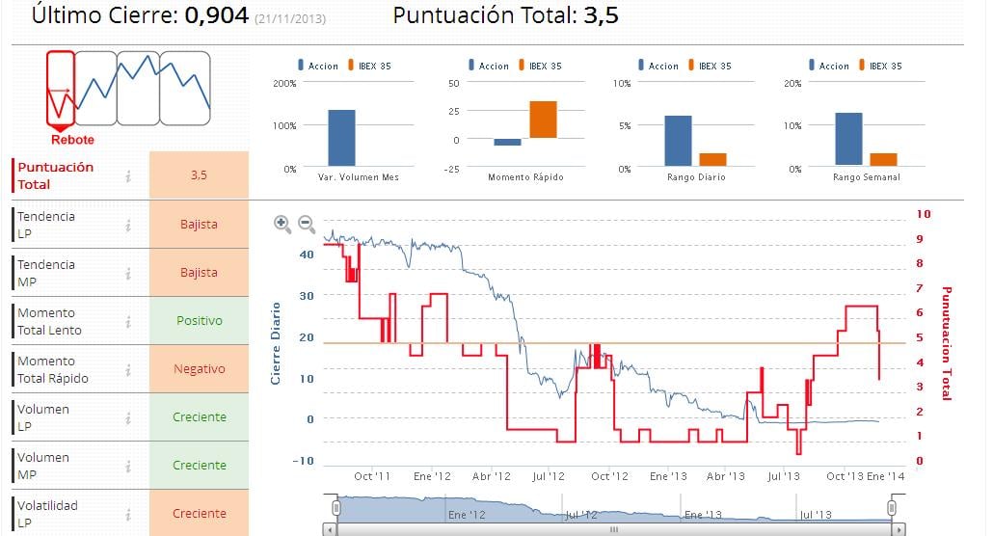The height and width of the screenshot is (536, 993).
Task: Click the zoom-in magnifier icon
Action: (x=282, y=224)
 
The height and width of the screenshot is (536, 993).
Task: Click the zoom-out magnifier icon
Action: (x=307, y=224)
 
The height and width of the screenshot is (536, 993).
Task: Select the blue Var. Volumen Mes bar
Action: (x=341, y=139)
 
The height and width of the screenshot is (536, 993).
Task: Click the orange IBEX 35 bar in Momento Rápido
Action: (x=543, y=120)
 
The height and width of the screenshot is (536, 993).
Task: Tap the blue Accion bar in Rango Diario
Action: (x=678, y=142)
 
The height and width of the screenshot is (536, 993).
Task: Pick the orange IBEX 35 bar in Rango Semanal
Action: (x=883, y=160)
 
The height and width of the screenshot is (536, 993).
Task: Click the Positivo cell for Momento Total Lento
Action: (x=199, y=321)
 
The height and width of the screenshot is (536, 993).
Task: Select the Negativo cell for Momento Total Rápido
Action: (x=199, y=369)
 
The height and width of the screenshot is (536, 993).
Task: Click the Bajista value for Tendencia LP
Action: (x=199, y=225)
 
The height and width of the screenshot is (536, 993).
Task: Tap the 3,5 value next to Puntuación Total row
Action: (x=199, y=175)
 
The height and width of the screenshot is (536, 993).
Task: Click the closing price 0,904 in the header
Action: (x=217, y=16)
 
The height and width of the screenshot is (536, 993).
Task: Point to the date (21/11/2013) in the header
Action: (x=290, y=19)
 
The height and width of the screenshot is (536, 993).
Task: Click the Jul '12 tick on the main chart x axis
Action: (x=549, y=476)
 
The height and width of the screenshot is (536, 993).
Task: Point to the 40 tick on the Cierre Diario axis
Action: (x=307, y=255)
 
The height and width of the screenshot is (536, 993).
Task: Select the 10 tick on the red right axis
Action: (x=923, y=214)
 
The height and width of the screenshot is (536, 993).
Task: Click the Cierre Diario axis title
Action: (x=276, y=343)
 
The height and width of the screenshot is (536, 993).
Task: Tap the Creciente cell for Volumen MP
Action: (x=199, y=466)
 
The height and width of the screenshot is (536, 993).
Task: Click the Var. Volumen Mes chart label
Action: (x=358, y=177)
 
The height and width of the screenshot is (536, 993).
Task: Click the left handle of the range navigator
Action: (x=336, y=506)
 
